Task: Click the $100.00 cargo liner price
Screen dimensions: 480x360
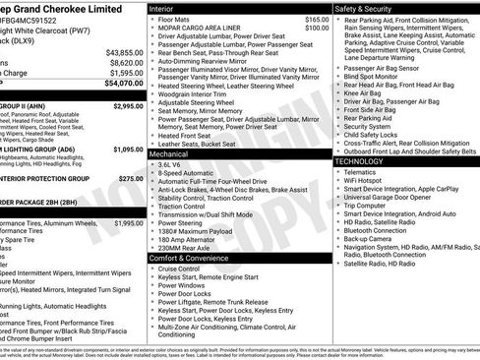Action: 315,29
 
